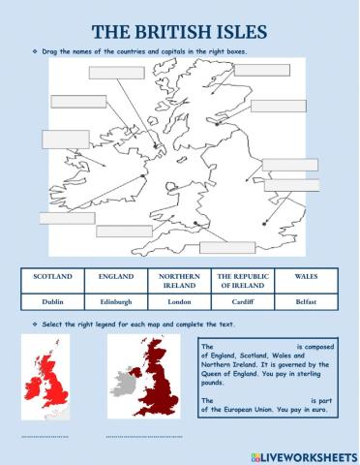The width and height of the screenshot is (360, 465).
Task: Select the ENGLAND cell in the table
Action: (116, 276)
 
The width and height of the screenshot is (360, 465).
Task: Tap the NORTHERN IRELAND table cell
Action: (179, 281)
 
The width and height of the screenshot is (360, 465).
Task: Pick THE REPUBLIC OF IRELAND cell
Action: (241, 281)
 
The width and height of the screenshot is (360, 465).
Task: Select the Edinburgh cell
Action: (116, 302)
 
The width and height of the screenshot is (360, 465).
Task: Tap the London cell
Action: (179, 302)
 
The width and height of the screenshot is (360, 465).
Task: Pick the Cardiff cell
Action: (241, 302)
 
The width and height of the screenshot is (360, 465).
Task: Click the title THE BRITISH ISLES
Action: (180, 29)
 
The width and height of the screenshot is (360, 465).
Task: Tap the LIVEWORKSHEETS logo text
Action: (302, 453)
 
